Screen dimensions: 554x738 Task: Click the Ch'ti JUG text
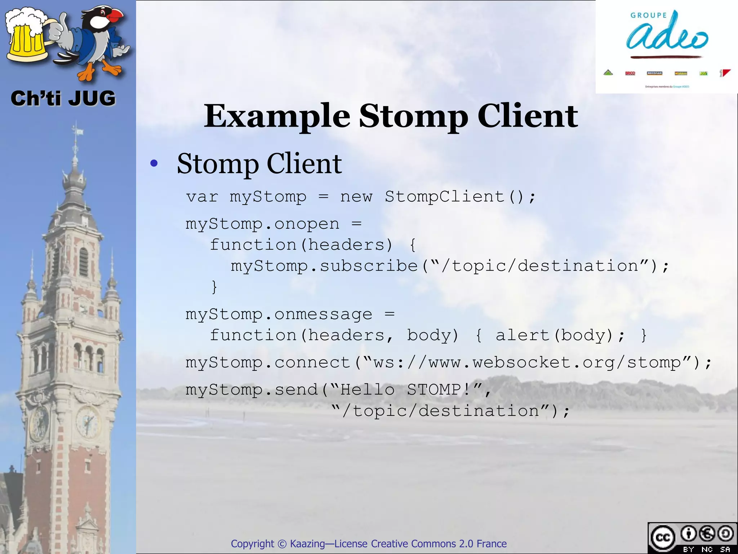tap(63, 98)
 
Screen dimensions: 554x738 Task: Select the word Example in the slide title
tap(277, 116)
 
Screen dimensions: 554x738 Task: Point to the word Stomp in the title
tap(413, 116)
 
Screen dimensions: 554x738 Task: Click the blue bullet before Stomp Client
tap(154, 164)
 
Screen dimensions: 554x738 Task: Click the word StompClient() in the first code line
tap(460, 197)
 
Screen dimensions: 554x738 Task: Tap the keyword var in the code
tap(202, 197)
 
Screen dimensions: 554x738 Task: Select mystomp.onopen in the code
tap(262, 224)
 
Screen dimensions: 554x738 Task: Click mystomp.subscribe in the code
tap(324, 266)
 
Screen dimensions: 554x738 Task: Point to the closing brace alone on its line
tap(214, 287)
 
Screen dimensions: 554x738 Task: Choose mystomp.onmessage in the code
tap(279, 315)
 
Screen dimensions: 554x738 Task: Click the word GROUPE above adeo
tap(649, 16)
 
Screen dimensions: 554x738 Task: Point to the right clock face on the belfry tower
tap(88, 421)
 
